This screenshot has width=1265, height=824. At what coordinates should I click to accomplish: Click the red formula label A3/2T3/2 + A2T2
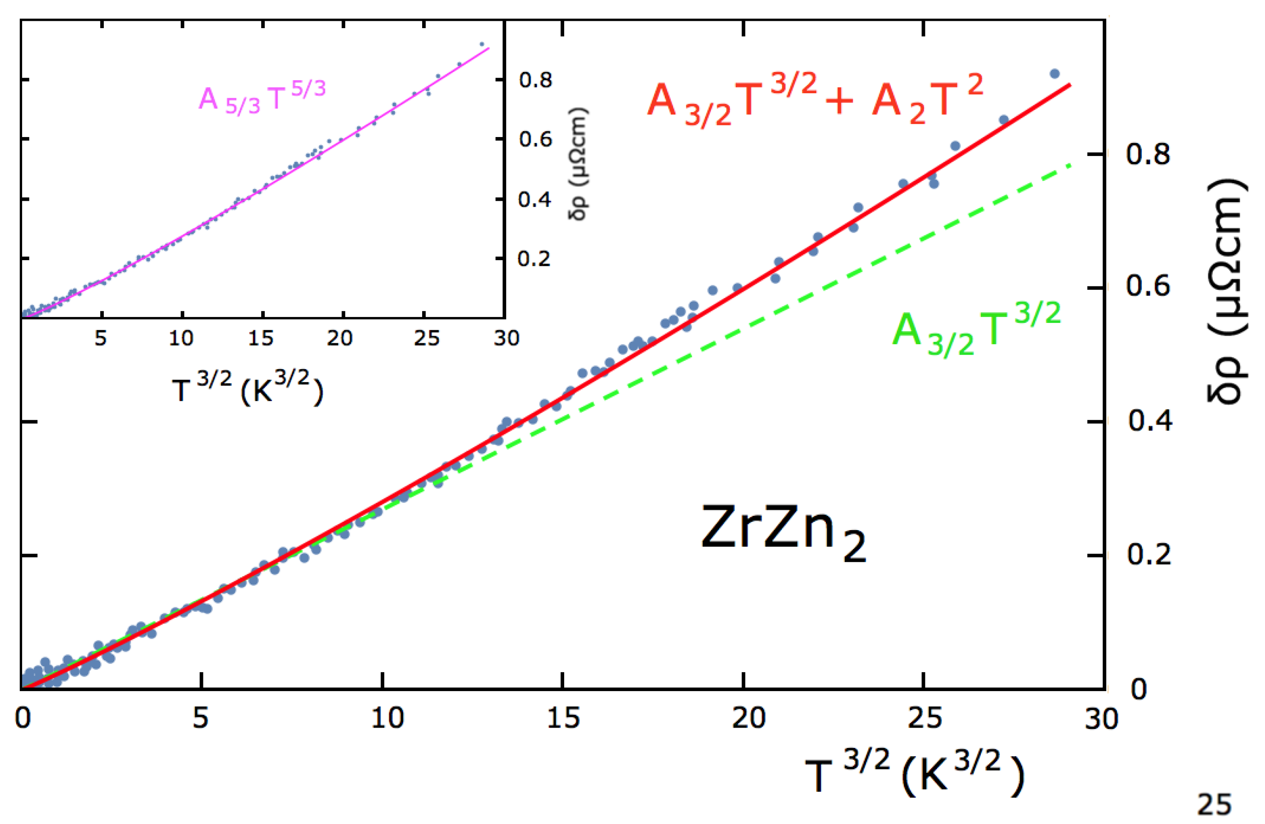(x=815, y=100)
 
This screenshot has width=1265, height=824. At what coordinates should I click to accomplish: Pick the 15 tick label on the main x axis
(x=563, y=719)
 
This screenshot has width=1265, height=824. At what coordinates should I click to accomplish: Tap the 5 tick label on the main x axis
(x=200, y=719)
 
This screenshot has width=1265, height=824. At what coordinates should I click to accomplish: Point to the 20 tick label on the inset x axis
(x=340, y=338)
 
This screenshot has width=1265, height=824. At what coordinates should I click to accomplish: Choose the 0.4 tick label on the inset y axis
(x=535, y=200)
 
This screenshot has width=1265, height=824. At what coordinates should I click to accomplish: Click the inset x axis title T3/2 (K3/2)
(x=247, y=388)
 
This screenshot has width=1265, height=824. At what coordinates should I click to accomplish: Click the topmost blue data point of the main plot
(x=1055, y=74)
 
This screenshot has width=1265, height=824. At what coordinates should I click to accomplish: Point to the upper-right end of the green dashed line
(x=1071, y=165)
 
